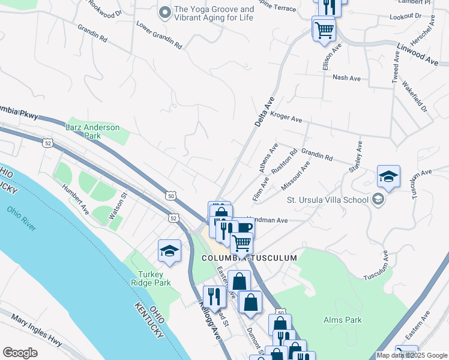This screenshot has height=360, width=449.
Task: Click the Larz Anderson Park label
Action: point(92,131)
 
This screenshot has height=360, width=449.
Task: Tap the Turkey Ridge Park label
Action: point(151,278)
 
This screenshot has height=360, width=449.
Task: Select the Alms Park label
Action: point(342,320)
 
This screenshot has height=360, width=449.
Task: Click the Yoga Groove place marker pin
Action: point(165,11)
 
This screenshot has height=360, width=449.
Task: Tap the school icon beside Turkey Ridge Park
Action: point(169,251)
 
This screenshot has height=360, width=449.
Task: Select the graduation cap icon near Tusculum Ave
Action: point(388,177)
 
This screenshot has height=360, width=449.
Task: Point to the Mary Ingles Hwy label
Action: point(36,331)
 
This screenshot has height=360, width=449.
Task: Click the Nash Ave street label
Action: point(346,78)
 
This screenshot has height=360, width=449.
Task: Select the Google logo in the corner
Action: point(20,353)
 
